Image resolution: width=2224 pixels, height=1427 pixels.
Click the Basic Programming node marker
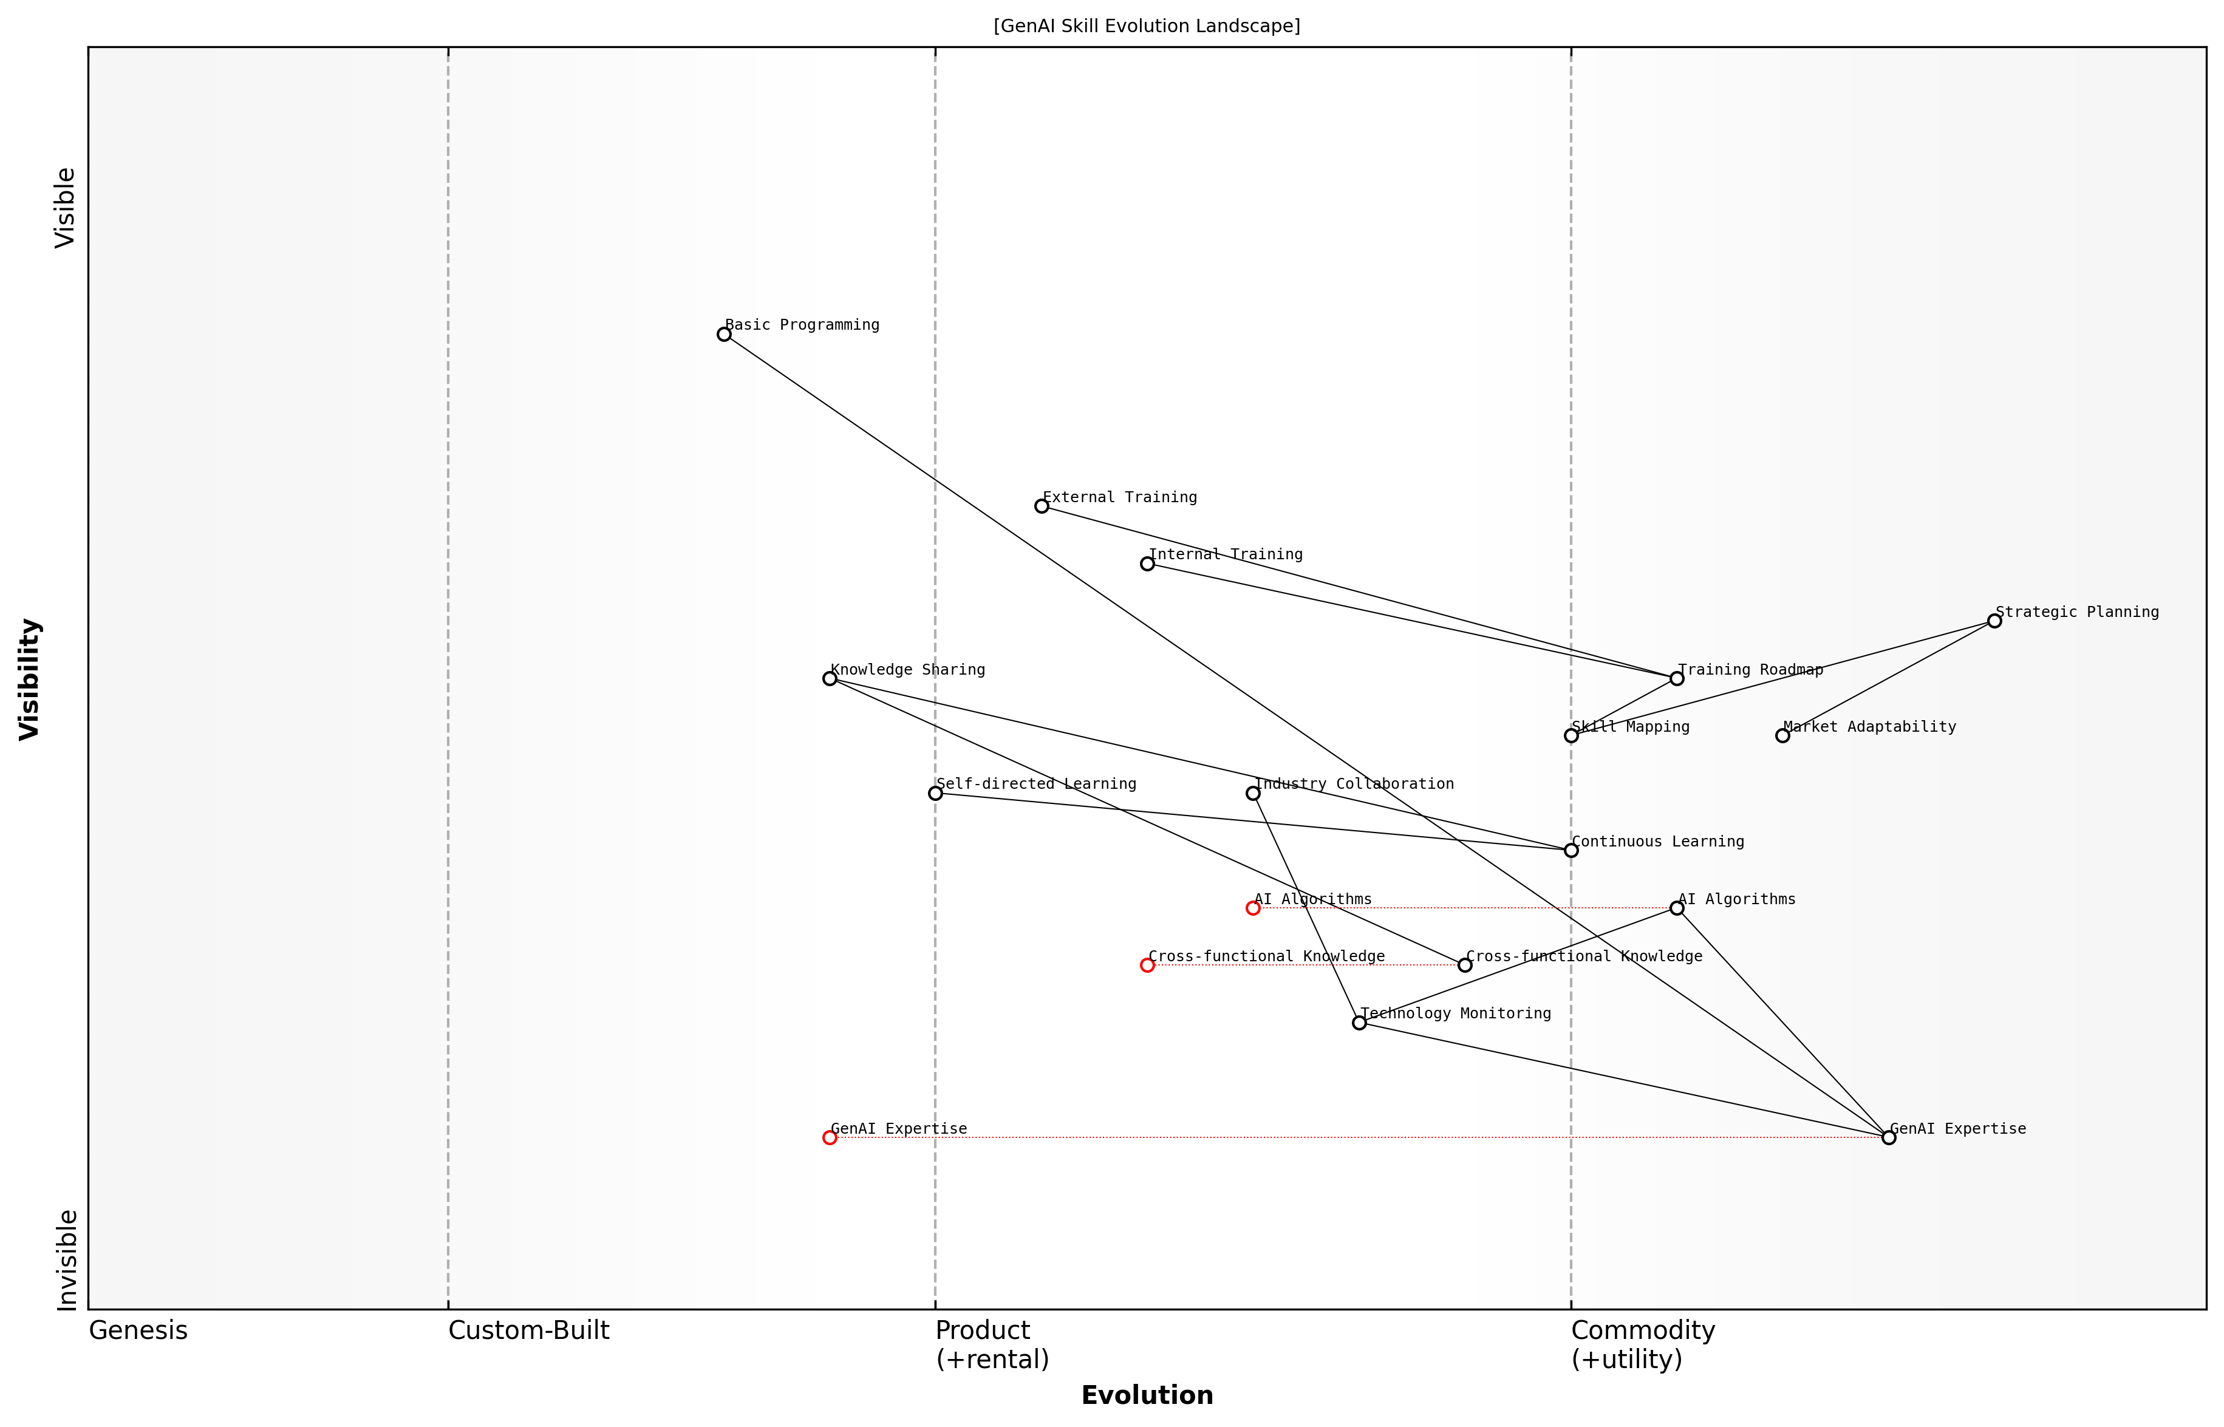[x=724, y=335]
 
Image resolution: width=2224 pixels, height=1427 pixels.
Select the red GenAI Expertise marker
[x=830, y=1138]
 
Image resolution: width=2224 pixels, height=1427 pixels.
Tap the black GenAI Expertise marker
[x=1889, y=1138]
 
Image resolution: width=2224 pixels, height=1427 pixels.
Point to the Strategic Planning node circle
[x=1994, y=621]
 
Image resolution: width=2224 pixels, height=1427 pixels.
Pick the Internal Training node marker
[x=1147, y=564]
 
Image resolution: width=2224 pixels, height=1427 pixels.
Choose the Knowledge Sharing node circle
[x=830, y=678]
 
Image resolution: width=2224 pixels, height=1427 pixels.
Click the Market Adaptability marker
[x=1782, y=736]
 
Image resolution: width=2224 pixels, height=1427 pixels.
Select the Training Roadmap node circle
[x=1676, y=678]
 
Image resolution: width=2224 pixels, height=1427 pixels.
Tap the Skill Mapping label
[x=1631, y=727]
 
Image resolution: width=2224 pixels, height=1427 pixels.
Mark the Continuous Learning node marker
[x=1571, y=851]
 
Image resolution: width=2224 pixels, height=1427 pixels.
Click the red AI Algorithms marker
[x=1253, y=908]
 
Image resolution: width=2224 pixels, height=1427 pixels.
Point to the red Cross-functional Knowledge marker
[x=1147, y=966]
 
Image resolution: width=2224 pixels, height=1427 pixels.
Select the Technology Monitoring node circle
[x=1359, y=1023]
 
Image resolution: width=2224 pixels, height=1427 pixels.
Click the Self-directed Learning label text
[x=1036, y=784]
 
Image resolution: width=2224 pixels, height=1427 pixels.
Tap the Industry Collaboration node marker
[x=1253, y=793]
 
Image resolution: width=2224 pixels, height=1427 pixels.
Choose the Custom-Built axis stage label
[x=528, y=1330]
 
